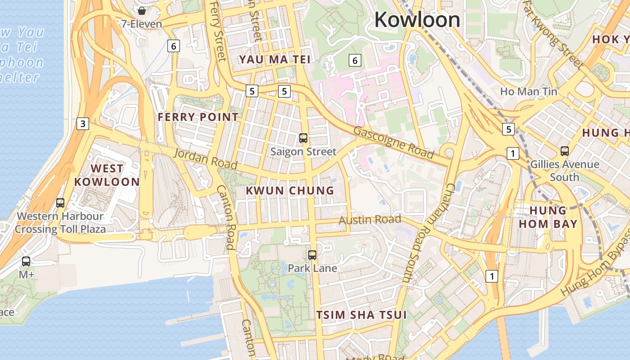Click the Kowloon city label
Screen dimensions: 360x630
(417, 20)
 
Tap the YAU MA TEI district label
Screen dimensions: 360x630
(275, 59)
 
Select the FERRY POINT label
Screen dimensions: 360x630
(198, 117)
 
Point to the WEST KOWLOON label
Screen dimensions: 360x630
(107, 175)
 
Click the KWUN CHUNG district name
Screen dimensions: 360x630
(290, 190)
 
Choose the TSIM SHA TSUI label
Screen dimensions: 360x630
(361, 315)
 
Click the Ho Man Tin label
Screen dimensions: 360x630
(528, 92)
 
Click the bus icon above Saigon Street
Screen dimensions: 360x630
(303, 138)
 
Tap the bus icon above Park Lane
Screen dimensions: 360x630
(312, 255)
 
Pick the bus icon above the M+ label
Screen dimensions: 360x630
(26, 261)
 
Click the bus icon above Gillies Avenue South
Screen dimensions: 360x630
(564, 151)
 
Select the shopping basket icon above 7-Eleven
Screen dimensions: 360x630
(142, 10)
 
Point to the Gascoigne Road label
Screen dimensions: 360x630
(394, 144)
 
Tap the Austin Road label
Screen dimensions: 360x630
(369, 220)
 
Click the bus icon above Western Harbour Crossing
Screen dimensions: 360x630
(60, 203)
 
